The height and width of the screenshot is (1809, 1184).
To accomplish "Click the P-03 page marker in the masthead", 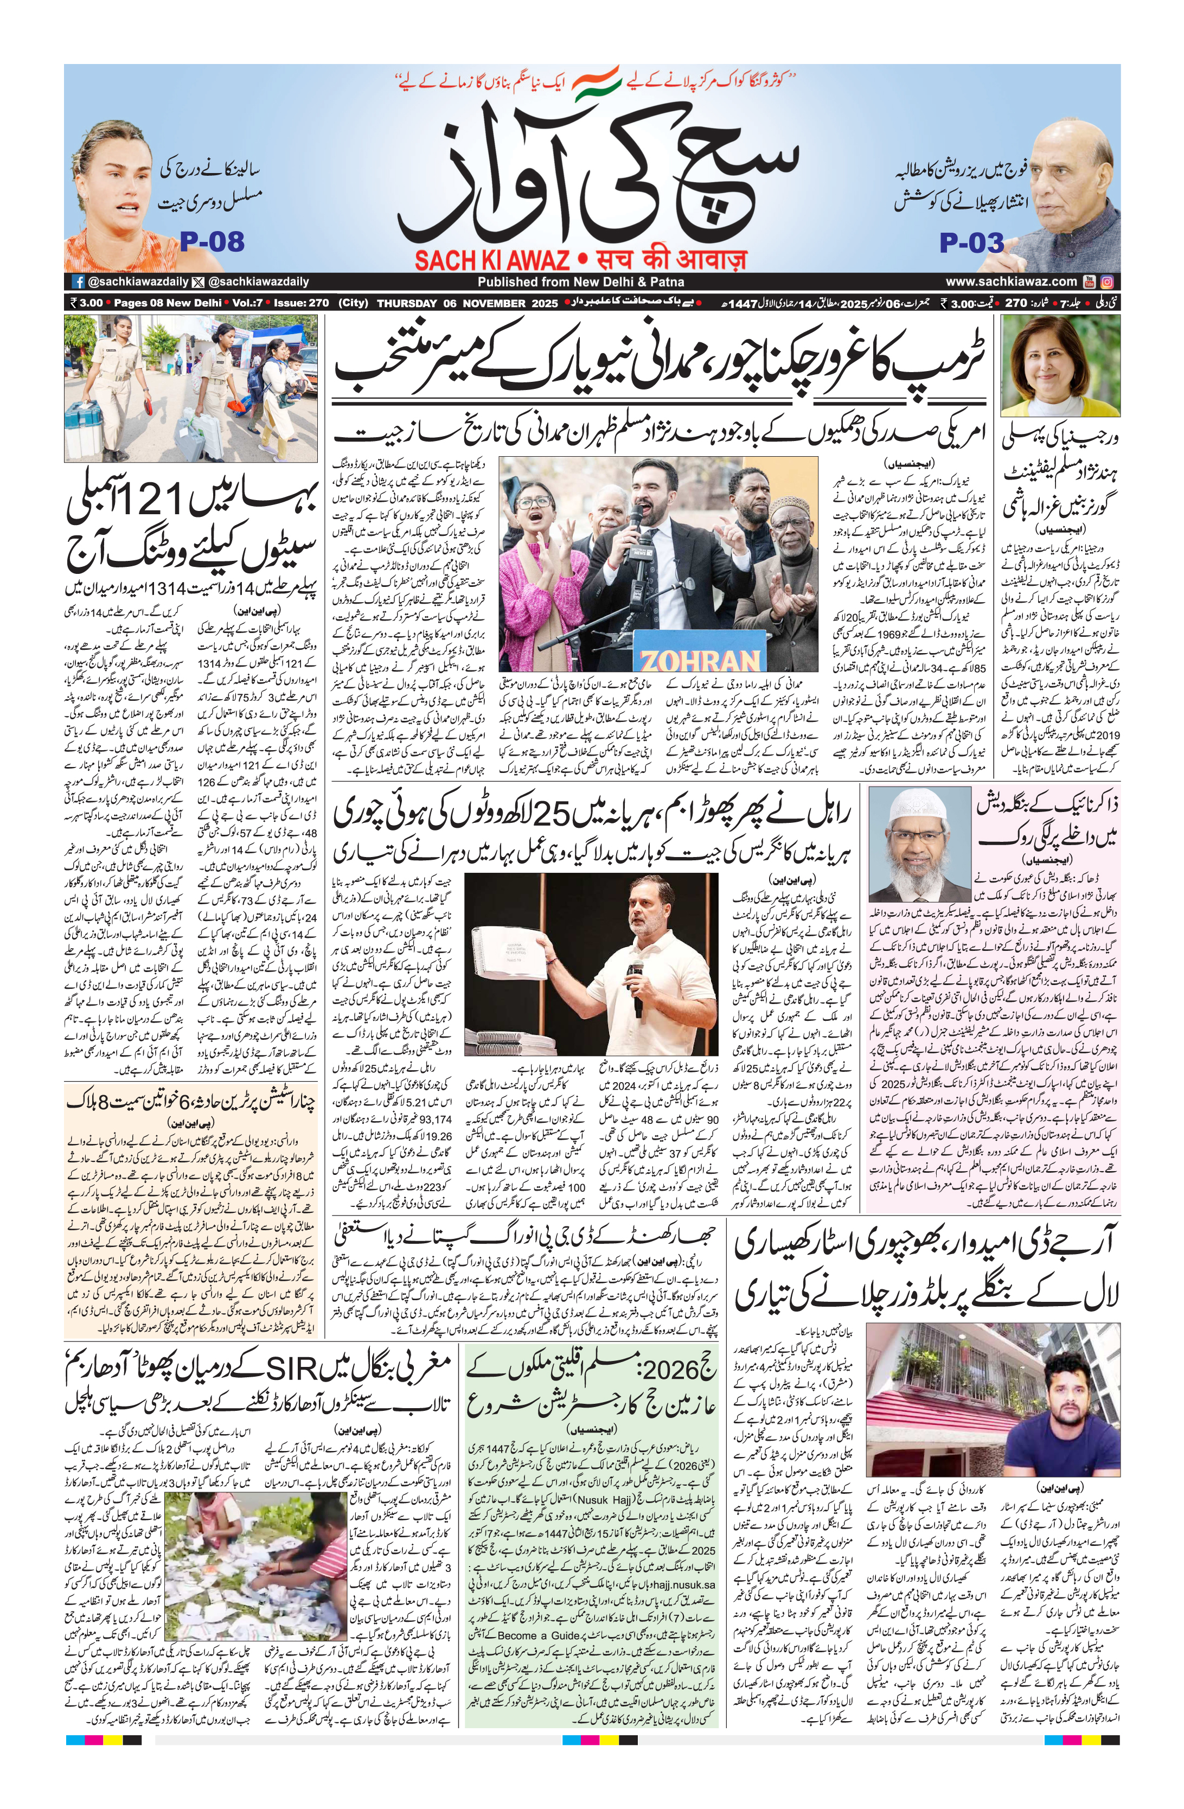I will pos(971,243).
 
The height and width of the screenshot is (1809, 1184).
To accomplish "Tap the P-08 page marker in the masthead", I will pos(212,242).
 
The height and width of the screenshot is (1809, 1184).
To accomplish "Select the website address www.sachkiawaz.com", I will pos(1011,281).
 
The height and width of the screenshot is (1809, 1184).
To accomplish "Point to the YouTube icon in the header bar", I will pos(1091,281).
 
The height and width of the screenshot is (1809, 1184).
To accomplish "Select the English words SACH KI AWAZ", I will pos(492,261).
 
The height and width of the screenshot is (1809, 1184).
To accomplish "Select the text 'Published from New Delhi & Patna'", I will pos(580,282).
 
